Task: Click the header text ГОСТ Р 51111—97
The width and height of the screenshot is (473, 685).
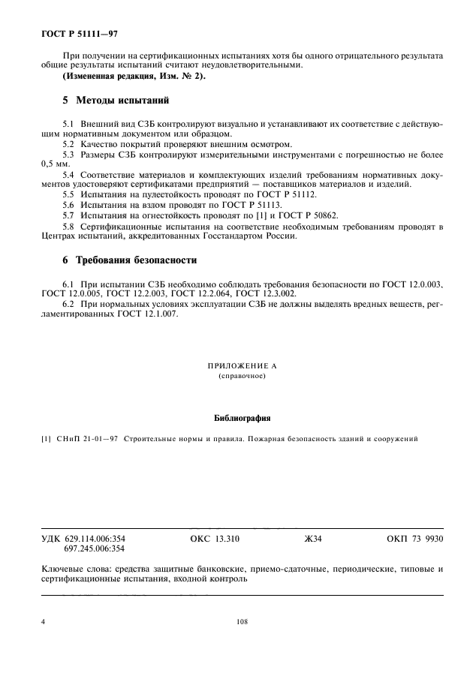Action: pyautogui.click(x=75, y=34)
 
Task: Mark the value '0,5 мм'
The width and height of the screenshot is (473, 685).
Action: pyautogui.click(x=55, y=163)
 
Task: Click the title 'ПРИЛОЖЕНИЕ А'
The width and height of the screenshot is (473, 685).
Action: pyautogui.click(x=236, y=365)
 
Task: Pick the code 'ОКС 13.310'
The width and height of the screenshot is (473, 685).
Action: pyautogui.click(x=215, y=539)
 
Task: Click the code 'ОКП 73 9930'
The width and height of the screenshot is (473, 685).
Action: pyautogui.click(x=414, y=539)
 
